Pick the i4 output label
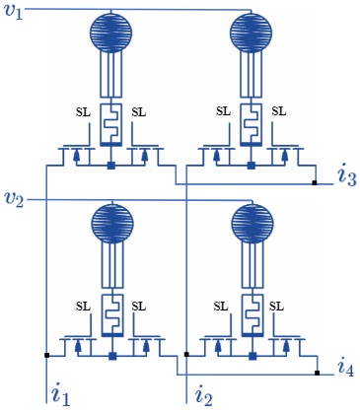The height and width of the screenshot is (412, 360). [x=345, y=369]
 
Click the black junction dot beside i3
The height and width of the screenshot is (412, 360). [x=315, y=183]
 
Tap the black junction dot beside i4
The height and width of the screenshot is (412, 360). [x=317, y=374]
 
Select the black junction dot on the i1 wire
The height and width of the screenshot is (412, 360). [x=46, y=354]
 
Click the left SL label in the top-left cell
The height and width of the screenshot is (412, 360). [x=83, y=111]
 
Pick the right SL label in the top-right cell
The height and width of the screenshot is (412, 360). [x=279, y=111]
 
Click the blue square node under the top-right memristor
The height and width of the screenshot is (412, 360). [x=252, y=165]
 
